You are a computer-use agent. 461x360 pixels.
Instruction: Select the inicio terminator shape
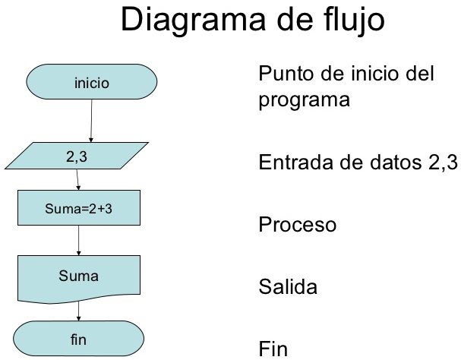coord(92,81)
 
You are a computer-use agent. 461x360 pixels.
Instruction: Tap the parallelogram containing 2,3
coord(79,158)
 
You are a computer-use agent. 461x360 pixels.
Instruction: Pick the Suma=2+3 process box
coord(79,207)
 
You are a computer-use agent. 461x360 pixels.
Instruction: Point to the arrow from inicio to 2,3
coord(91,120)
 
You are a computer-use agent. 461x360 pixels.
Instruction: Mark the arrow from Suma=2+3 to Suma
coord(79,241)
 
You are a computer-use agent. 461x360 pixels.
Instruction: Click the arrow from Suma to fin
coord(79,311)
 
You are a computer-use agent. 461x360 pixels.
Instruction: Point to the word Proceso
coord(297,226)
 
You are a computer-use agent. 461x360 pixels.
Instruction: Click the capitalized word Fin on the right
coord(272,349)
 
